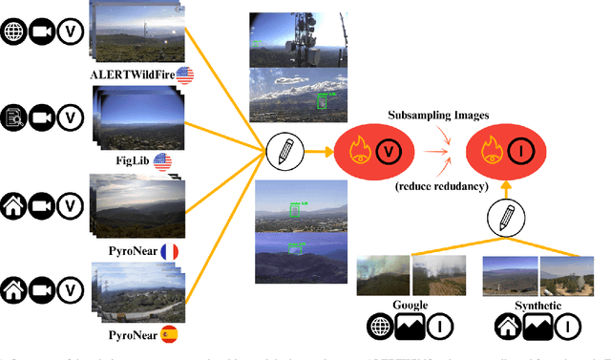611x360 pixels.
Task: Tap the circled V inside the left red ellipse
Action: coord(388,151)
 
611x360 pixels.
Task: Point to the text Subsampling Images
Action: coord(439,116)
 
